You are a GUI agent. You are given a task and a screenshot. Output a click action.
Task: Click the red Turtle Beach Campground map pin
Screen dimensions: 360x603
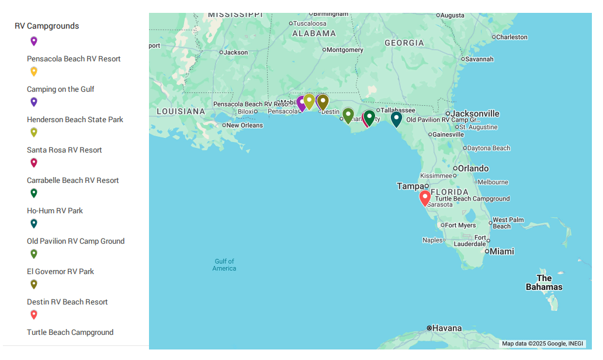(x=425, y=197)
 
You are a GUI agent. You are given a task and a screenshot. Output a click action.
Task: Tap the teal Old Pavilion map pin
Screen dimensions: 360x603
(x=396, y=119)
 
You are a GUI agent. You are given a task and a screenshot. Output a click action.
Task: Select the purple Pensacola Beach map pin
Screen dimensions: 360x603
(x=301, y=103)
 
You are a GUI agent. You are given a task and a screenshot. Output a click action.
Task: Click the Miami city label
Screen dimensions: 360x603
(x=501, y=251)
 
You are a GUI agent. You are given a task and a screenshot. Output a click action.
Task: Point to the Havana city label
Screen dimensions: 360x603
(x=447, y=328)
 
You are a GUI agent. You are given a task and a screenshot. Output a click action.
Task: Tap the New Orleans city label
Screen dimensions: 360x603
(x=244, y=125)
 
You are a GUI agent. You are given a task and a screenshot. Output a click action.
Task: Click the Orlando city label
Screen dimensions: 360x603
(x=473, y=168)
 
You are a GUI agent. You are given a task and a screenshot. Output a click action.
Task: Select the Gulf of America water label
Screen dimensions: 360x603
(x=224, y=265)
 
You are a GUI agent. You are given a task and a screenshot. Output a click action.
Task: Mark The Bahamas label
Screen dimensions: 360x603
(x=544, y=282)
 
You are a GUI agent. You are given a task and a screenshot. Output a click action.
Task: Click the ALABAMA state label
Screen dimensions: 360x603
(x=314, y=33)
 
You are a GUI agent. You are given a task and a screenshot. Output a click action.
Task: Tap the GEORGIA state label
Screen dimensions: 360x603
(x=404, y=43)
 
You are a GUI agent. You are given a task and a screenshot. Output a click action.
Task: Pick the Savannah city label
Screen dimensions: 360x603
(x=479, y=59)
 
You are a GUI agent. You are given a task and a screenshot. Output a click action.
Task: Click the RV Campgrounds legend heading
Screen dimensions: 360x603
(x=47, y=26)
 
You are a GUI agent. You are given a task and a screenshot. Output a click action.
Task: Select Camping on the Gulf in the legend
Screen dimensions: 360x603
(x=60, y=89)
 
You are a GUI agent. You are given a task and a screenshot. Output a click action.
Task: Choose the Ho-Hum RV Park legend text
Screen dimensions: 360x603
(x=55, y=211)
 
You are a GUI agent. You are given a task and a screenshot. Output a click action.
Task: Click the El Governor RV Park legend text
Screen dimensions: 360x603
(x=60, y=272)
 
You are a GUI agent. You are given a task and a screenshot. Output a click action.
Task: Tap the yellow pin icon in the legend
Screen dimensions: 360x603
(x=34, y=71)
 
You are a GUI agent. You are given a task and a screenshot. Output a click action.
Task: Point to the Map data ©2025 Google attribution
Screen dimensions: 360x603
(x=543, y=344)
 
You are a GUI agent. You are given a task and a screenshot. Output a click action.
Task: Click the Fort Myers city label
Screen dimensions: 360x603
(x=460, y=225)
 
